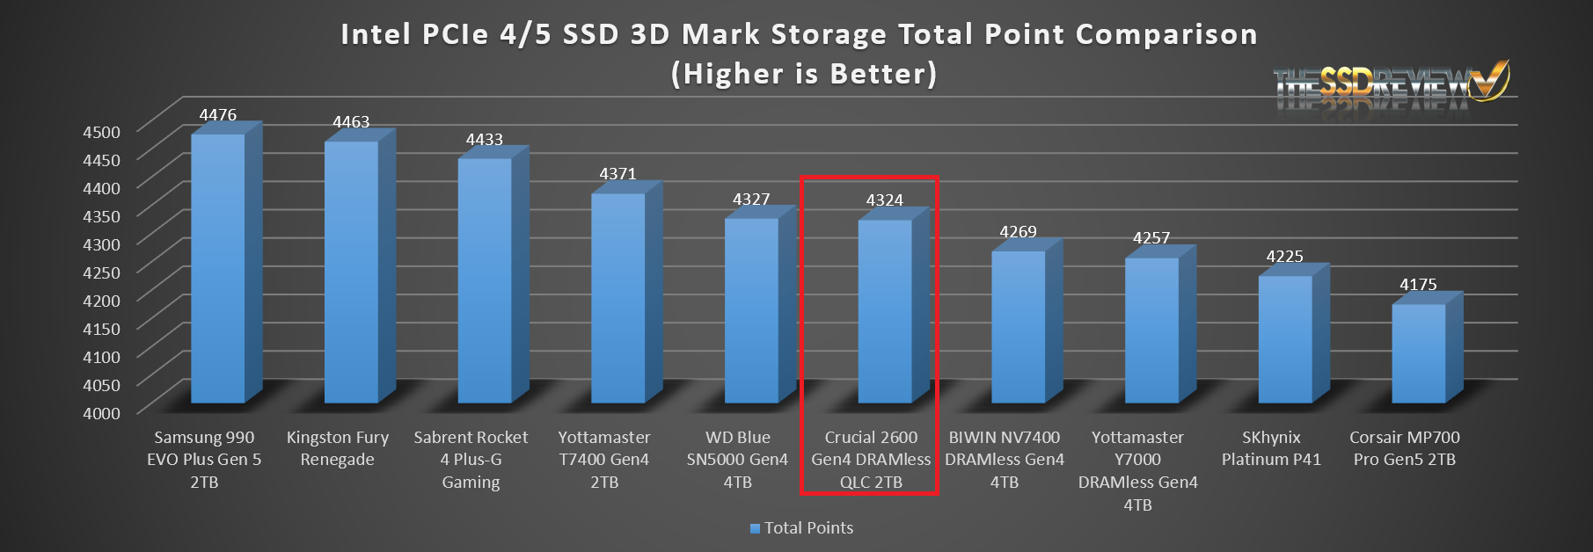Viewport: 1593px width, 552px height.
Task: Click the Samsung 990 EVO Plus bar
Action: (218, 268)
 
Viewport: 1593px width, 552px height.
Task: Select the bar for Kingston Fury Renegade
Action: (351, 272)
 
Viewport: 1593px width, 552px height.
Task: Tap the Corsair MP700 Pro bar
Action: (1418, 353)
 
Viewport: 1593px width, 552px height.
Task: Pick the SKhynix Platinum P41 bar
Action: (1284, 339)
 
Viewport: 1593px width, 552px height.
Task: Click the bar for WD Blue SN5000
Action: (751, 310)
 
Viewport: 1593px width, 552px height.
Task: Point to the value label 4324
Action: (884, 200)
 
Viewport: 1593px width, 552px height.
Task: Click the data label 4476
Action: (217, 115)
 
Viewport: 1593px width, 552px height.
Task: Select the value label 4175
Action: (1418, 285)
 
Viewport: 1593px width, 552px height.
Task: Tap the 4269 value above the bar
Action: (1018, 232)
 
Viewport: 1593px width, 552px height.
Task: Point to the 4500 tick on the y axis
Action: (101, 132)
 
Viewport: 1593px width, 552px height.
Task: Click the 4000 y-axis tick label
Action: (101, 413)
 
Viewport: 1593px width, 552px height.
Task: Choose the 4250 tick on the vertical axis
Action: (101, 272)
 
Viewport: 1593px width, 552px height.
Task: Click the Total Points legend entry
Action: (801, 528)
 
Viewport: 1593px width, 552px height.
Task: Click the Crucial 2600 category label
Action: (871, 460)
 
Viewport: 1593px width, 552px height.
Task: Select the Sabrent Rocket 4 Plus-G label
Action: (471, 460)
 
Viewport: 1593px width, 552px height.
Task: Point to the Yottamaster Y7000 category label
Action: (1137, 471)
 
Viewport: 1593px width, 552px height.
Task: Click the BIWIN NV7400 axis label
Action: (1005, 460)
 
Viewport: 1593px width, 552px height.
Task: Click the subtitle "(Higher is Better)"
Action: (804, 74)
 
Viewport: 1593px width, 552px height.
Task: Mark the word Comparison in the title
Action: (1166, 34)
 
